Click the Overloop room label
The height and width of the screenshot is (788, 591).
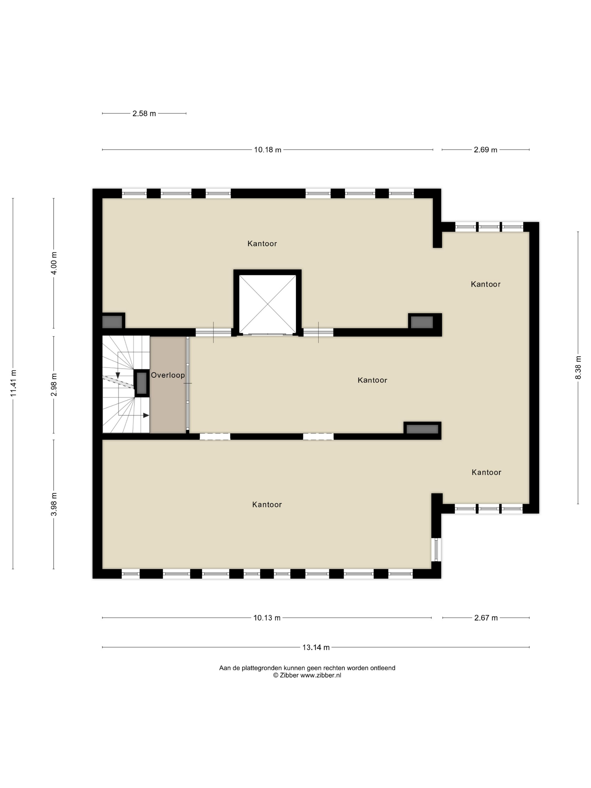click(168, 375)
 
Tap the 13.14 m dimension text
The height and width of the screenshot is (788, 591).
click(316, 647)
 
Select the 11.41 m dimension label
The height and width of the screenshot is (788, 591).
click(14, 383)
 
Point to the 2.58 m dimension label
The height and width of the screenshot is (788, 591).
click(144, 114)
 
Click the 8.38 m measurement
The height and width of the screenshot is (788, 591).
click(578, 368)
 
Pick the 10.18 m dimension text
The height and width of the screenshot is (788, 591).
click(268, 150)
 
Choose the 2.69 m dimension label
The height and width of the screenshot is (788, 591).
click(485, 150)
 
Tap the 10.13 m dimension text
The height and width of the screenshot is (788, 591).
click(267, 618)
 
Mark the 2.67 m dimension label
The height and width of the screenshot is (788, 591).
click(486, 618)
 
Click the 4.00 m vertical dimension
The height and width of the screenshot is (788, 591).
click(54, 263)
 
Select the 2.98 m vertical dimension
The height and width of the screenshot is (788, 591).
click(54, 385)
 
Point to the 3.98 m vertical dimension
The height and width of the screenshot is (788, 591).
click(54, 504)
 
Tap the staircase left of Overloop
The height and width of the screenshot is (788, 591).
click(126, 384)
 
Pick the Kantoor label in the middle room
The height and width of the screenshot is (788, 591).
click(372, 380)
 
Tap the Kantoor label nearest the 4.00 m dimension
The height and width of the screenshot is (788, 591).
click(262, 244)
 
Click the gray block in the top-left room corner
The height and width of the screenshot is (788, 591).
click(112, 322)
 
